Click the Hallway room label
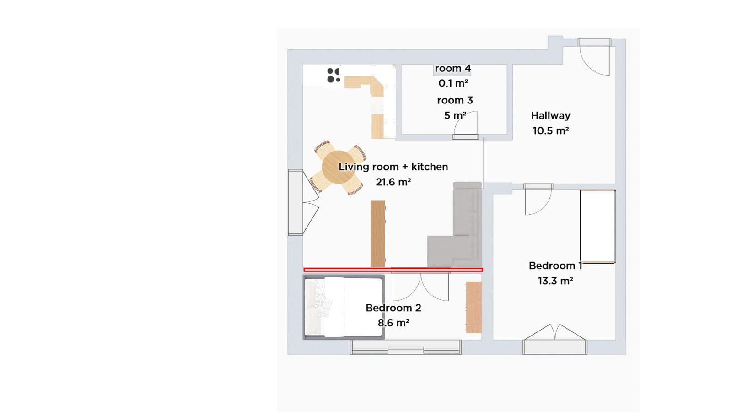[551, 115]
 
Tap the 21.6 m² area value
[393, 182]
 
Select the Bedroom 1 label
[555, 266]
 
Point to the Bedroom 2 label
[393, 308]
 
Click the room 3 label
[455, 100]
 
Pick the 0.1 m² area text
[453, 83]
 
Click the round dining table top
[338, 167]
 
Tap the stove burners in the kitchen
[334, 75]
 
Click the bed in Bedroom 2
[344, 307]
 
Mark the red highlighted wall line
[393, 270]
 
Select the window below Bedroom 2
[406, 347]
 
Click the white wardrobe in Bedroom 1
[597, 227]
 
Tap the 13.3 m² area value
[555, 281]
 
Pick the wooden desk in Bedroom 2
[474, 307]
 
